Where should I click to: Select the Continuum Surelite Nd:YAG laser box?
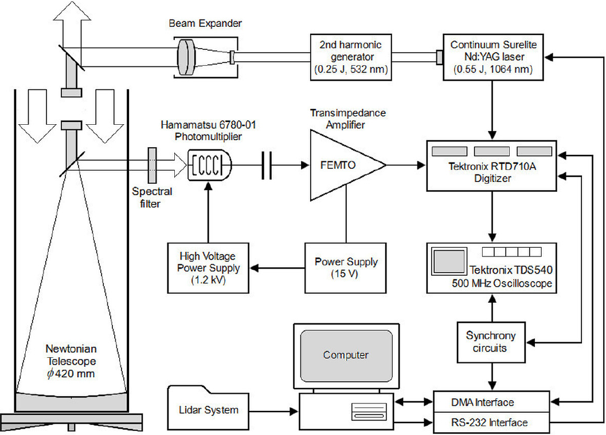pyautogui.click(x=492, y=57)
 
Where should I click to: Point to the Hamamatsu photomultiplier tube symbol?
pyautogui.click(x=210, y=166)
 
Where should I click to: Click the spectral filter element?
pyautogui.click(x=152, y=166)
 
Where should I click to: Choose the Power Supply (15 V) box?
pyautogui.click(x=346, y=268)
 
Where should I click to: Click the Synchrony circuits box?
pyautogui.click(x=491, y=342)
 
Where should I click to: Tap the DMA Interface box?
pyautogui.click(x=491, y=403)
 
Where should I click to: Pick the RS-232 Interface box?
pyautogui.click(x=491, y=422)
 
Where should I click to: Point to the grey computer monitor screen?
pyautogui.click(x=345, y=355)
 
